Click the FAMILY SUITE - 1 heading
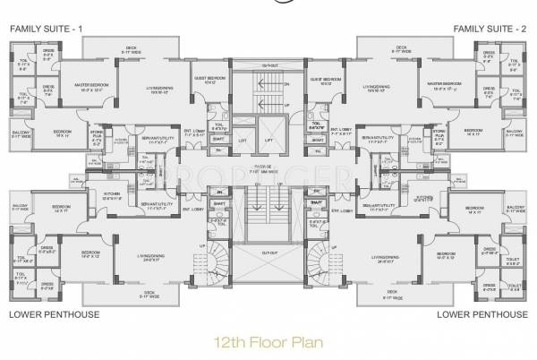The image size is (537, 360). coord(46,30)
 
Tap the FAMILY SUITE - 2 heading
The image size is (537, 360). coord(491,30)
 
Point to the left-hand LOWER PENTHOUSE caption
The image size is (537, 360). coord(51,314)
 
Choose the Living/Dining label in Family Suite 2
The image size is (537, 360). coord(376,89)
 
